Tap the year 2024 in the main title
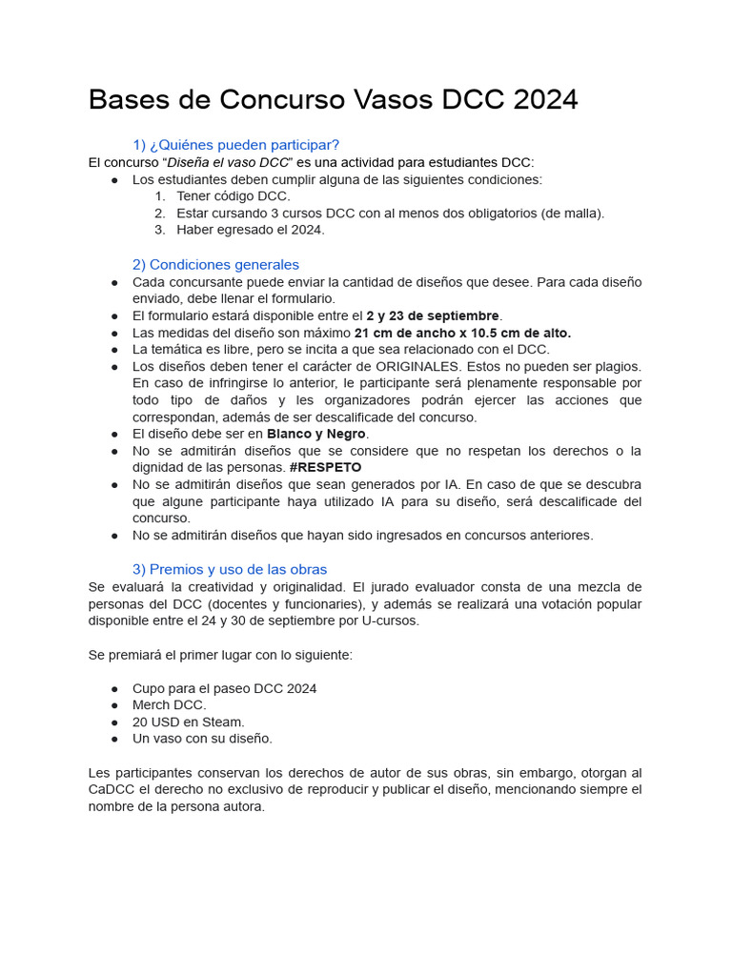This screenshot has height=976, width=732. (541, 99)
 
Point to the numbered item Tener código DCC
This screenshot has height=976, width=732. (233, 196)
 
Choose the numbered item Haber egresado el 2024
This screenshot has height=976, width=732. (250, 230)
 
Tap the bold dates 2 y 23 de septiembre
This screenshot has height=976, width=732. (433, 315)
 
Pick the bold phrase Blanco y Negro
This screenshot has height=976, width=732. (315, 434)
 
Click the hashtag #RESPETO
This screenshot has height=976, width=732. (325, 468)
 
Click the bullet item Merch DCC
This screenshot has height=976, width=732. (169, 705)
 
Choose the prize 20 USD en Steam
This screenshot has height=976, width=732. (188, 722)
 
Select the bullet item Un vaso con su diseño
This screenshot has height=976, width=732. (202, 739)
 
